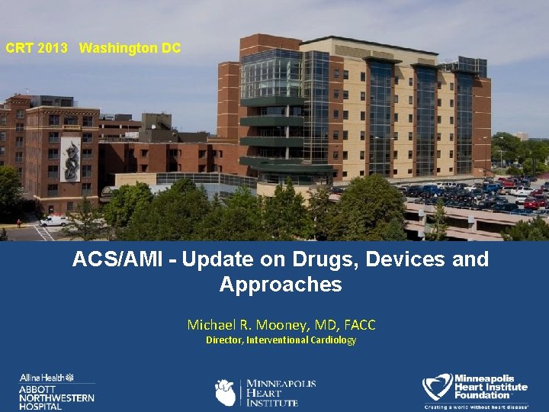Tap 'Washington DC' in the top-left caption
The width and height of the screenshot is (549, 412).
pyautogui.click(x=130, y=49)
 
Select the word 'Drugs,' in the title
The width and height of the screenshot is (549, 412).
pyautogui.click(x=324, y=259)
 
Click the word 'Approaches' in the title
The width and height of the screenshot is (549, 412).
pyautogui.click(x=280, y=285)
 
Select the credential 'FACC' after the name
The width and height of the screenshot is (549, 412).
pyautogui.click(x=361, y=325)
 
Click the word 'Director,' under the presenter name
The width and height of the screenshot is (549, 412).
pyautogui.click(x=224, y=340)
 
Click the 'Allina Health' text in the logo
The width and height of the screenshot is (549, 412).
pyautogui.click(x=42, y=378)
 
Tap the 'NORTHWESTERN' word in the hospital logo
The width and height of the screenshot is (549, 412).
pyautogui.click(x=56, y=398)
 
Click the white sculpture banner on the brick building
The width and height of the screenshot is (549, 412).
pyautogui.click(x=70, y=159)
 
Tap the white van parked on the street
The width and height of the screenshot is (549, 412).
pyautogui.click(x=54, y=220)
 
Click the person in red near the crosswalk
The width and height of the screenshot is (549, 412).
pyautogui.click(x=19, y=223)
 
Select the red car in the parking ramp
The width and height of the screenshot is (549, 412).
pyautogui.click(x=531, y=203)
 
